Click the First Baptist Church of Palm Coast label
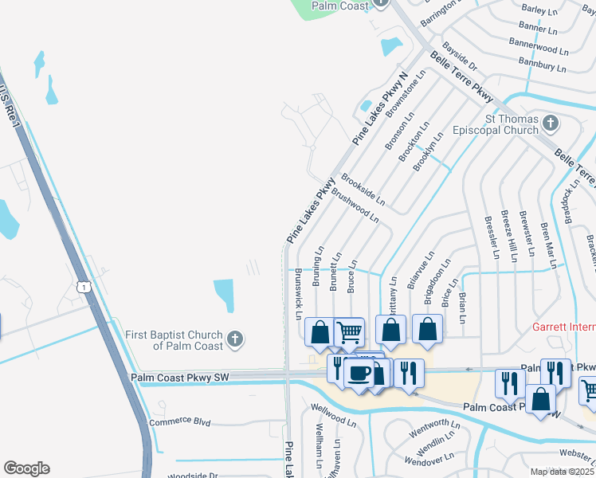[176, 340]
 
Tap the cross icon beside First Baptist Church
[234, 340]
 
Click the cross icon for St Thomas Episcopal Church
[550, 123]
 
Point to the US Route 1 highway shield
[82, 286]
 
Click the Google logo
[26, 468]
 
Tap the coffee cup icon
[359, 373]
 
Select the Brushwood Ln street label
[355, 204]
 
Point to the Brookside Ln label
[363, 188]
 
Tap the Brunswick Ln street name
[299, 293]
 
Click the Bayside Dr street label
[460, 56]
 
